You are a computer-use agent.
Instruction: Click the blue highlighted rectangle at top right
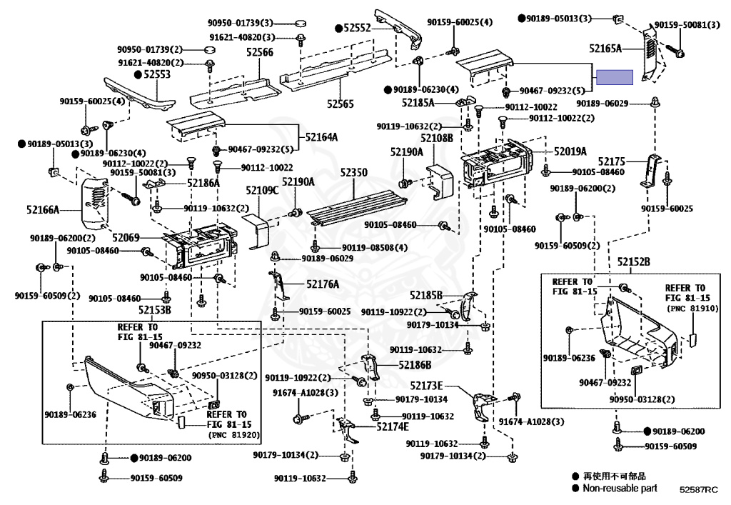coord(615,77)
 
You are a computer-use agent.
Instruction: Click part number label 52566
coord(260,52)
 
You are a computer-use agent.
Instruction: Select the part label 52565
coord(341,104)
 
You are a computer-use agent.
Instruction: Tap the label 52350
coord(353,173)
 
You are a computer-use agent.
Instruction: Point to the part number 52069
coord(125,237)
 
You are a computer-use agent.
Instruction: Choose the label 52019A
coord(570,151)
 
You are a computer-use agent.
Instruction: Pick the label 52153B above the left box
coord(155,310)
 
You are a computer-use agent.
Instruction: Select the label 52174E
coord(393,427)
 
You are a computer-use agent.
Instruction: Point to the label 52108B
coord(436,137)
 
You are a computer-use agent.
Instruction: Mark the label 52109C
coord(262,191)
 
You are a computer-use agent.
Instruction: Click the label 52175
coord(611,161)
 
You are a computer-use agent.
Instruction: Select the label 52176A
coord(323,284)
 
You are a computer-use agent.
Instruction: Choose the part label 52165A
coord(606,49)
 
